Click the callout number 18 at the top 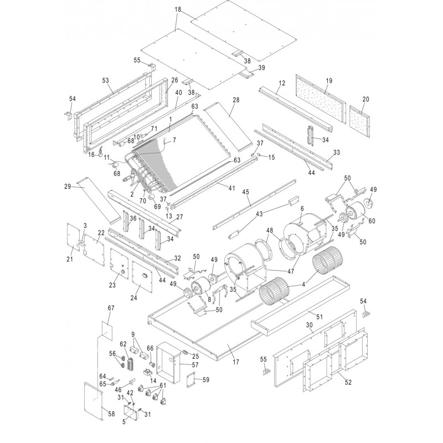[x=177, y=10]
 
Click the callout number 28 [x=236, y=100]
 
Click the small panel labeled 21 [x=74, y=238]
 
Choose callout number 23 [x=113, y=285]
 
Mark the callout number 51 [x=303, y=317]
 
